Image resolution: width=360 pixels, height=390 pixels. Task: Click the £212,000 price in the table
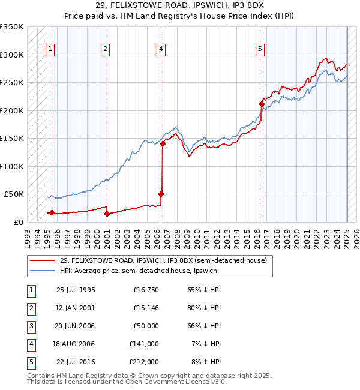point(144,362)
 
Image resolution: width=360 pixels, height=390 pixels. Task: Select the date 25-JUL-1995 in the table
point(75,290)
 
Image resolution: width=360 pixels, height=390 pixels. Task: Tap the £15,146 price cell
point(143,308)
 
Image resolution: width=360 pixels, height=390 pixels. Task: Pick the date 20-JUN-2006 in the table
point(75,326)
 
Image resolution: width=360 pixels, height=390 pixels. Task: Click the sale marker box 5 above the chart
point(260,50)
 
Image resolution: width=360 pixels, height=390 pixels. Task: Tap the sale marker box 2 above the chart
point(105,50)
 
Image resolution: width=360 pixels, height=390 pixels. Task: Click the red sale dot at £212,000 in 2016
point(262,104)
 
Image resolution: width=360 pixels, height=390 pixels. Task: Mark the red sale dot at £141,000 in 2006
point(163,144)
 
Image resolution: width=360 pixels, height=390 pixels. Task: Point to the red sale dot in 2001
point(107,214)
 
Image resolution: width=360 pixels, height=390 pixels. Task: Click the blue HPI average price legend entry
point(138,271)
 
